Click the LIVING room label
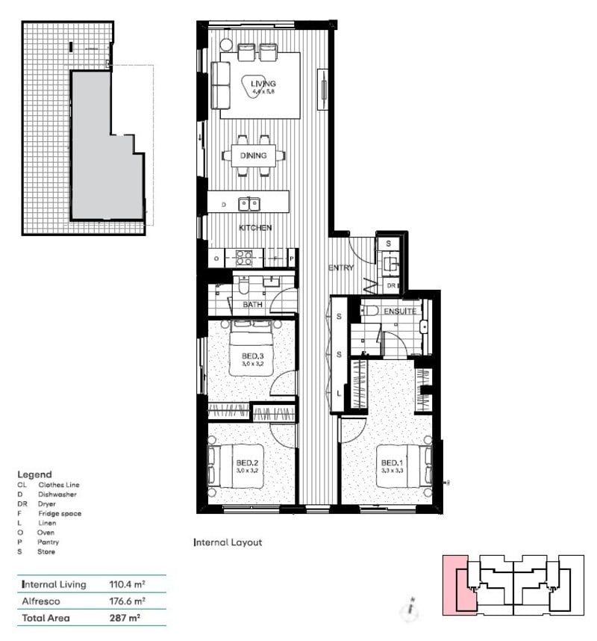point(263,84)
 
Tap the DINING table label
point(253,155)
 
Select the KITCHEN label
point(254,227)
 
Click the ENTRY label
point(341,267)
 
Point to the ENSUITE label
point(401,311)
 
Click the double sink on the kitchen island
point(249,203)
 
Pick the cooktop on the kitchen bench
point(244,257)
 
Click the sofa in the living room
point(220,85)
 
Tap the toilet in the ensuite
point(369,309)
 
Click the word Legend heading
point(34,474)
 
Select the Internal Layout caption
point(228,542)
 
